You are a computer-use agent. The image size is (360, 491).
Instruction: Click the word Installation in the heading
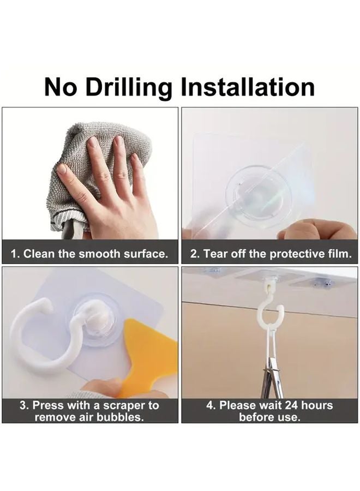tap(248, 87)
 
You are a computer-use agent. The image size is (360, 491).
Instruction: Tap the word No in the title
tap(60, 87)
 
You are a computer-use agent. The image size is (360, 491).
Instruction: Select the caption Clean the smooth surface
tap(90, 254)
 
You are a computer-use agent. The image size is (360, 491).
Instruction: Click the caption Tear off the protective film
tap(270, 254)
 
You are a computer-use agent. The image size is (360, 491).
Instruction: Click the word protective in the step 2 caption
tap(295, 254)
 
